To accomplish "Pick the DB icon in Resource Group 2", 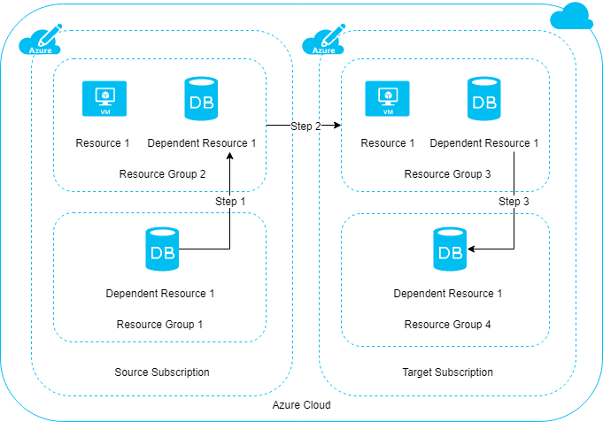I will (x=200, y=98).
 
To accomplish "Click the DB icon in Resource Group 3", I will (x=483, y=98).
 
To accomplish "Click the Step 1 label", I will (x=230, y=202).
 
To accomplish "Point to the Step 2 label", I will (x=305, y=127).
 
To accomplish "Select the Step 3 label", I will (x=514, y=202).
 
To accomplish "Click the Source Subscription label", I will (x=162, y=372).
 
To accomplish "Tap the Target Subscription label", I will (x=448, y=372).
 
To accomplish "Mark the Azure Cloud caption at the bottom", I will (x=301, y=405).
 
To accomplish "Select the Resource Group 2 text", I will (x=162, y=173).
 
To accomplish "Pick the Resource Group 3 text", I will (x=447, y=173).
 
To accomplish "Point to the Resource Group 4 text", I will (x=447, y=325).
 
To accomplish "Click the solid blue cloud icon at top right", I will (x=569, y=17).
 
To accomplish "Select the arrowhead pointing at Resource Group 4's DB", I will (x=472, y=249).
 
